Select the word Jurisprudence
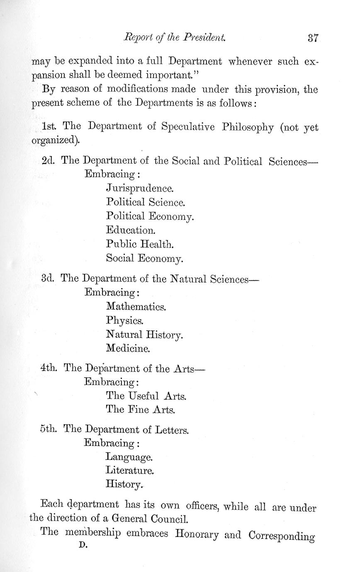click(x=139, y=189)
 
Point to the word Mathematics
click(x=136, y=307)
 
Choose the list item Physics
click(x=125, y=321)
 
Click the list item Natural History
click(x=144, y=334)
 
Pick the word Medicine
click(x=128, y=348)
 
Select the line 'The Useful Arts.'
click(x=146, y=396)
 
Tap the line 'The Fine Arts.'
click(x=141, y=410)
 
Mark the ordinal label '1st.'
click(x=50, y=126)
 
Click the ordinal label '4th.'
click(x=49, y=368)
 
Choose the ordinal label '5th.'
click(x=49, y=429)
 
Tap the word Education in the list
click(x=130, y=230)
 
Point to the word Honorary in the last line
click(x=197, y=534)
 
